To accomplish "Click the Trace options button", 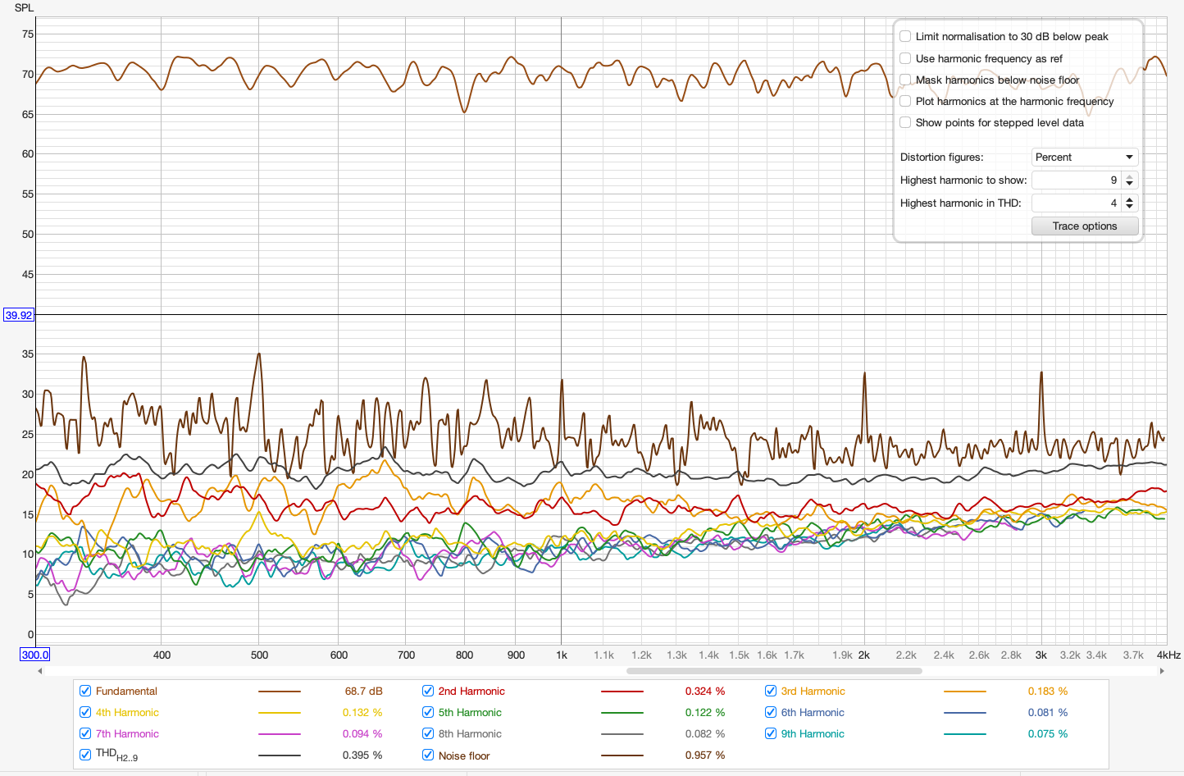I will click(x=1084, y=226).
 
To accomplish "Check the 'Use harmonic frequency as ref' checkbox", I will click(x=905, y=58).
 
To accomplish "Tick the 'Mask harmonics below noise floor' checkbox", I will click(x=905, y=80).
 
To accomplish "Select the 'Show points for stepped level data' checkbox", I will click(x=905, y=122).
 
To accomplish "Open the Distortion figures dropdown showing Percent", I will click(x=1084, y=157).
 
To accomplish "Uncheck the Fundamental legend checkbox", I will click(x=85, y=691).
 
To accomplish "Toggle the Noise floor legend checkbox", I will click(x=428, y=755).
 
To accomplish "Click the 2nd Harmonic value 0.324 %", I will click(x=704, y=692).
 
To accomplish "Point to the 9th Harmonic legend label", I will click(x=812, y=734).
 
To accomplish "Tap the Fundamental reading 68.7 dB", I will click(x=363, y=692).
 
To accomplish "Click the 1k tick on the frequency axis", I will click(x=562, y=655).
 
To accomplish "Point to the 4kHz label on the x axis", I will click(x=1168, y=655).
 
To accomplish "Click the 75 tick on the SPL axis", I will click(x=28, y=34).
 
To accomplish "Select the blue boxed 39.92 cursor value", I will click(x=18, y=315).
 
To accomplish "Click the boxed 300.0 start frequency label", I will click(x=35, y=655).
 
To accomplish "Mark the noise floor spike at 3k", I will click(x=1041, y=373).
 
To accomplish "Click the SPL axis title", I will click(x=25, y=8).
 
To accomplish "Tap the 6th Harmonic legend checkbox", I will click(x=771, y=712).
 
